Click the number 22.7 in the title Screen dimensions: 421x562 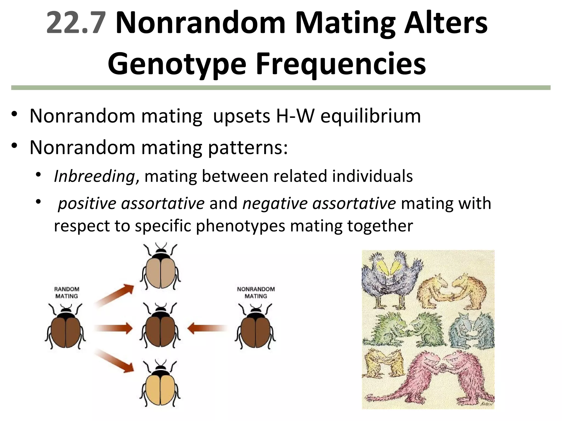pos(76,24)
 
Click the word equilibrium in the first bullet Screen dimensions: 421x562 pos(370,116)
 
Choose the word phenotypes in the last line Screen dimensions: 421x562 pos(240,226)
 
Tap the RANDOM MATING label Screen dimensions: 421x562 pos(67,292)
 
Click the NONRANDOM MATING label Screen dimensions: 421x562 pos(256,292)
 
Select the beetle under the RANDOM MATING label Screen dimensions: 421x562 pos(66,328)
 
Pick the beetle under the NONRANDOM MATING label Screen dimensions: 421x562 pos(255,328)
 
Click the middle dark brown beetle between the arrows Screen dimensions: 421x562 pos(161,328)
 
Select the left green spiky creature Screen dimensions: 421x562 pos(384,329)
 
